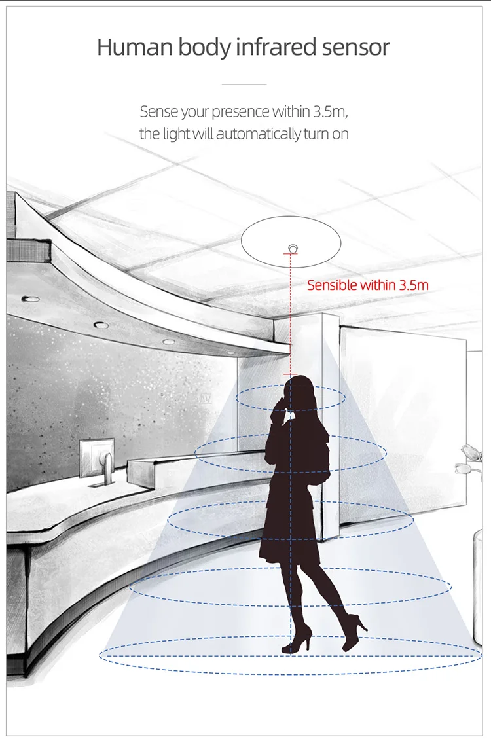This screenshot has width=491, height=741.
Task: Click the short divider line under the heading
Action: click(244, 84)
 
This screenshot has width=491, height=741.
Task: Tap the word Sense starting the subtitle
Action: click(158, 111)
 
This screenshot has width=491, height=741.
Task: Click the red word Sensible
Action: click(332, 285)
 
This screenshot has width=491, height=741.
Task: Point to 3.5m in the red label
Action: click(414, 285)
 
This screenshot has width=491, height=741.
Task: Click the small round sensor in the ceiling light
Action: click(292, 247)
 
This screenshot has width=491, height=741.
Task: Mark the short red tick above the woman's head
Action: click(289, 374)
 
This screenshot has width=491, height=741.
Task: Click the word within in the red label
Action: click(378, 285)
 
